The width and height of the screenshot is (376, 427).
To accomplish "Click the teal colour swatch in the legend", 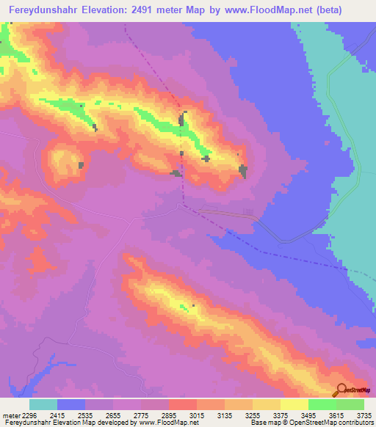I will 43,404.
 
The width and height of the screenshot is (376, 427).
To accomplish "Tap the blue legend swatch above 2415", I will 71,404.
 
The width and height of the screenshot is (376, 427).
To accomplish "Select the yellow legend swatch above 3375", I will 266,404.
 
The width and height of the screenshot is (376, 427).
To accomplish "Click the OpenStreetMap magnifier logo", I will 341,390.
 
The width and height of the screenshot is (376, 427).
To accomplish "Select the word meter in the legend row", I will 11,415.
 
